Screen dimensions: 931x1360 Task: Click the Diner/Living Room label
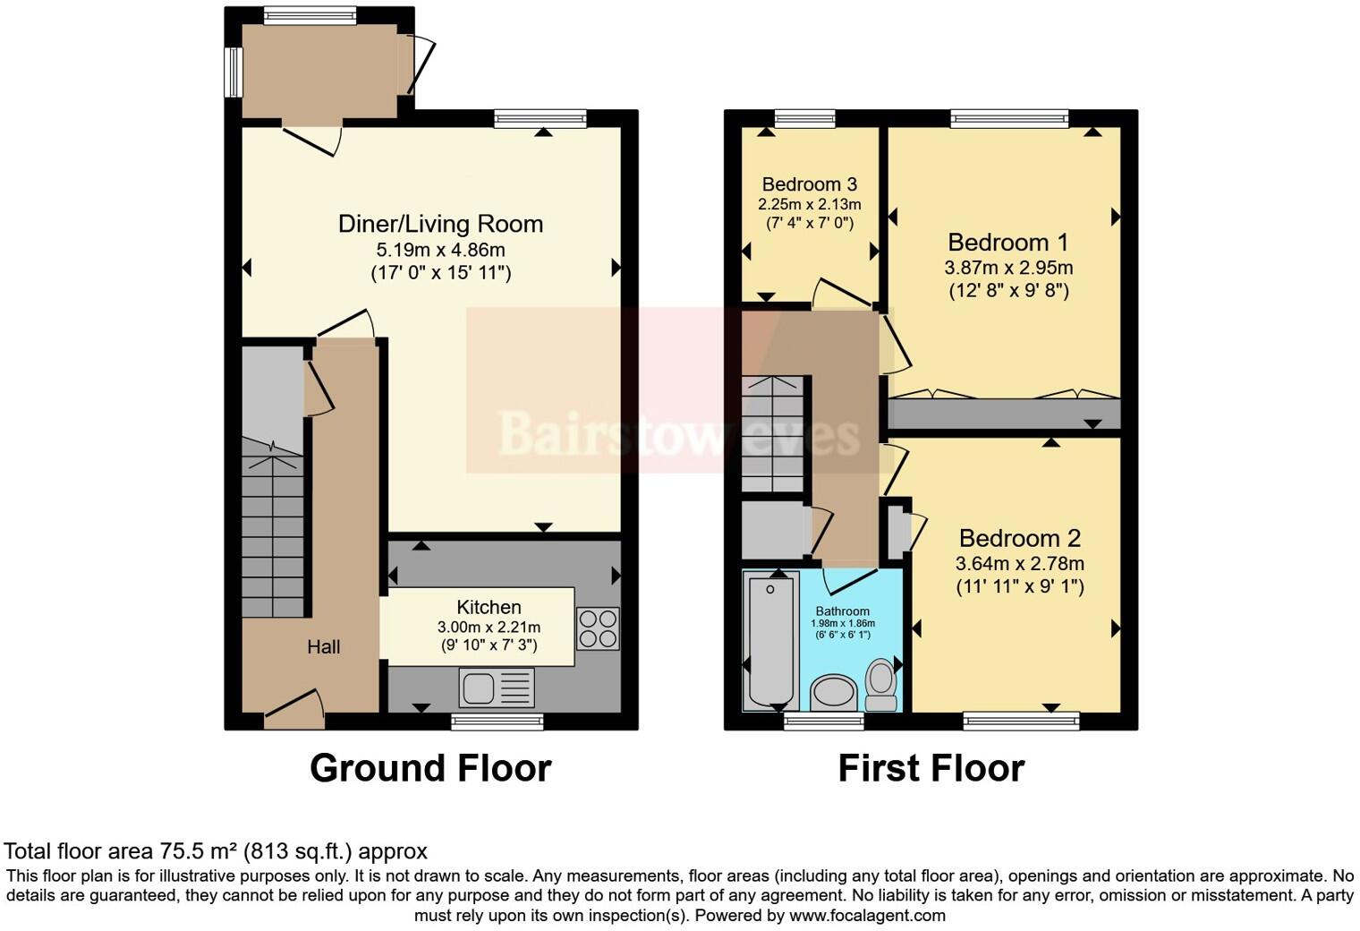[440, 224]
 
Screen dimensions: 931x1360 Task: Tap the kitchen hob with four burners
[598, 628]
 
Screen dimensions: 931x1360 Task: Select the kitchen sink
[496, 688]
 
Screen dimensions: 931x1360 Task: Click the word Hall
[323, 646]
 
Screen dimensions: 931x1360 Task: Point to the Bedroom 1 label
[1008, 243]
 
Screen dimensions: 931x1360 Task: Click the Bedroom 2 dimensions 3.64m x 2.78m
[1019, 564]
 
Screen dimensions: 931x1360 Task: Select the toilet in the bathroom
[881, 685]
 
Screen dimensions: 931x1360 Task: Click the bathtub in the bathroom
[770, 640]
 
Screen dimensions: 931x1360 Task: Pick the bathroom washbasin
[833, 693]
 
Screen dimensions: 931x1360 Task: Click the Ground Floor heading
[430, 768]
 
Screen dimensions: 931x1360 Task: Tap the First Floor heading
[931, 768]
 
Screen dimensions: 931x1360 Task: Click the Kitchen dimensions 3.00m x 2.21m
[489, 627]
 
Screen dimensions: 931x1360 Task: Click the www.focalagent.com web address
[867, 915]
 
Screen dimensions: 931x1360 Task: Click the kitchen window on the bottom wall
[497, 722]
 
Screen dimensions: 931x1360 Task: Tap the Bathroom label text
[842, 611]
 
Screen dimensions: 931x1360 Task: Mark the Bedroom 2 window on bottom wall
[1021, 721]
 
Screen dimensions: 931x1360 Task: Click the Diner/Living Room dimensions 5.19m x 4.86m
[440, 250]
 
